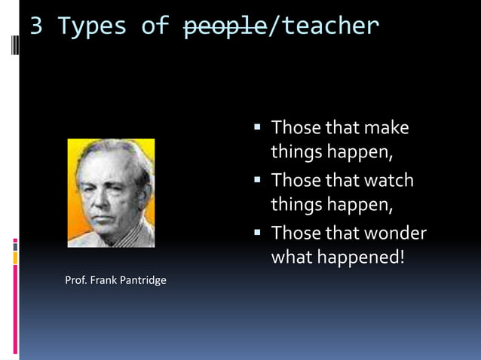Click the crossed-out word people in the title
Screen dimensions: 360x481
[x=225, y=27]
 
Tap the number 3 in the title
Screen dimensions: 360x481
[x=36, y=27]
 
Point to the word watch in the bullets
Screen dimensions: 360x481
[x=389, y=181]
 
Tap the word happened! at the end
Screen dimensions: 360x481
[x=359, y=258]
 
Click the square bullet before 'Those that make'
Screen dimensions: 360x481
[x=258, y=127]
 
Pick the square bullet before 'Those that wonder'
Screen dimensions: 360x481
[x=258, y=232]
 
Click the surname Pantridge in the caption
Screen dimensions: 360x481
[x=141, y=281]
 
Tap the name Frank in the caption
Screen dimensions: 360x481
[x=102, y=281]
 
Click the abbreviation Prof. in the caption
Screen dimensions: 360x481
[x=76, y=281]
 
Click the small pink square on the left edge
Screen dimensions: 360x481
[x=15, y=243]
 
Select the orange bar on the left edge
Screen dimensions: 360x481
[x=15, y=258]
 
